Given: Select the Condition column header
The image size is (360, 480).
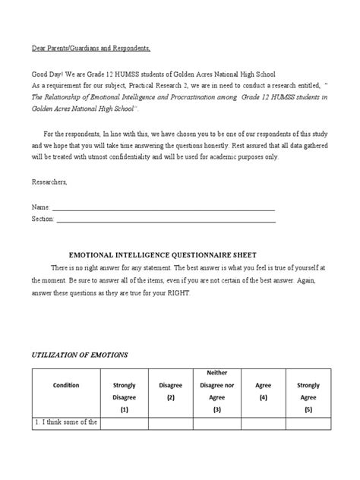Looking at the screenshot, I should pyautogui.click(x=66, y=384).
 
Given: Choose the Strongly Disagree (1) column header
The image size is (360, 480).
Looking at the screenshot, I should pyautogui.click(x=124, y=395).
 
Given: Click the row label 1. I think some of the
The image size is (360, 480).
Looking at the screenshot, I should pyautogui.click(x=66, y=422).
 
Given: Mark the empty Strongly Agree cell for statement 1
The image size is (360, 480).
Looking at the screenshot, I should pyautogui.click(x=308, y=422).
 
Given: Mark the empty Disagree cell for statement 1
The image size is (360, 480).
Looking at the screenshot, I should pyautogui.click(x=171, y=422).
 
